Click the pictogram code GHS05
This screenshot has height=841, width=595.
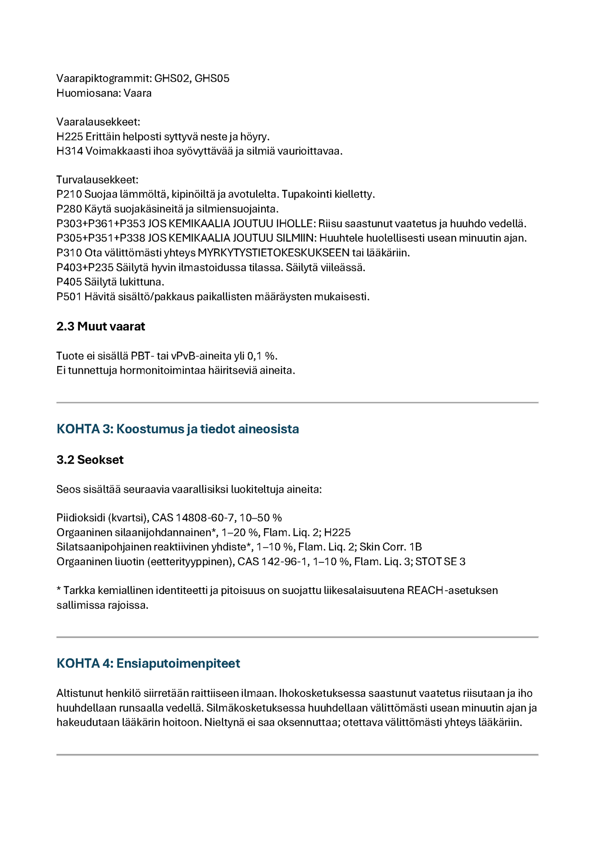212,78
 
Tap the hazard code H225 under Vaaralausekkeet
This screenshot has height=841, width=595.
70,137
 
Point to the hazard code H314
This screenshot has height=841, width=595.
70,151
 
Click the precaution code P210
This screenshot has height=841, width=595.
69,194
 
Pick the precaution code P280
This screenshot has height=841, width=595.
69,209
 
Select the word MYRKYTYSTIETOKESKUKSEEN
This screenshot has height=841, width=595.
273,253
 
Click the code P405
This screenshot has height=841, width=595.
69,282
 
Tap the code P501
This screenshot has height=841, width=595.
69,296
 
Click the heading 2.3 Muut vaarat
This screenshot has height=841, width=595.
101,326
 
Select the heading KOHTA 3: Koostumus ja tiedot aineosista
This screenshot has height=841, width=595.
177,429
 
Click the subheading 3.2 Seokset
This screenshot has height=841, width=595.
90,459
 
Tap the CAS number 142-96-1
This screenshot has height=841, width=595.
285,561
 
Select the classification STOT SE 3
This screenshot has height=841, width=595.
440,561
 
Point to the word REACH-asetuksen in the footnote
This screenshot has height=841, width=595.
452,590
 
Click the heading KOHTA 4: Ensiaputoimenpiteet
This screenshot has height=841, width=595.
148,663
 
